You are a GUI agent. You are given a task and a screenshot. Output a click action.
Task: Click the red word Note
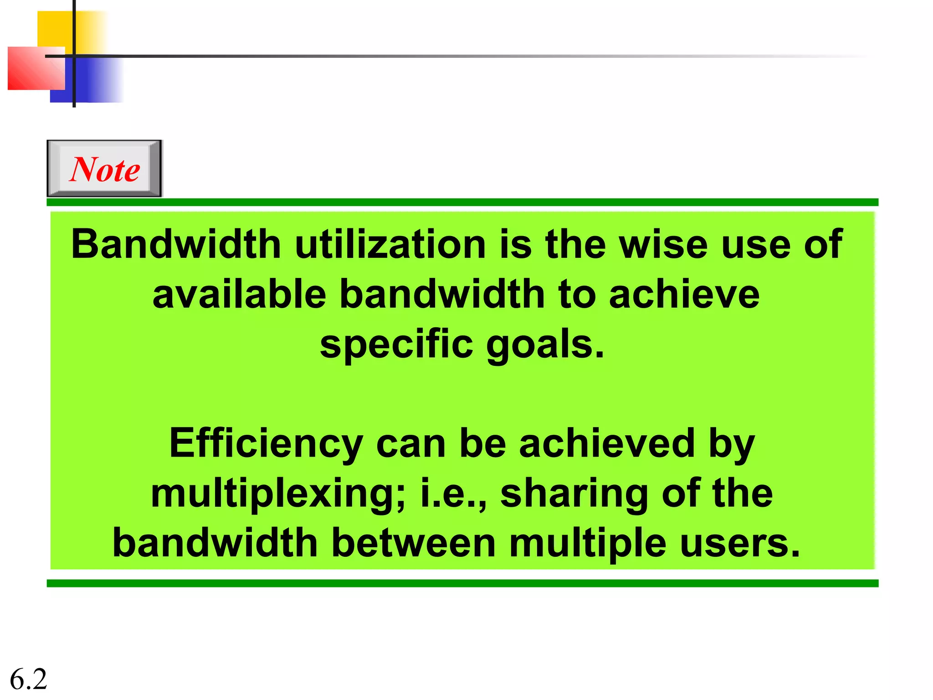[x=105, y=170]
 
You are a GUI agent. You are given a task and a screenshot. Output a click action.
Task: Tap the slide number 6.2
[x=28, y=679]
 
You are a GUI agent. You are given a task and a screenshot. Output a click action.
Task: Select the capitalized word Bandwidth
[x=176, y=244]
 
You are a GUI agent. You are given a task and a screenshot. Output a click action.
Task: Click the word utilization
[x=390, y=244]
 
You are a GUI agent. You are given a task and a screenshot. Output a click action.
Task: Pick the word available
[x=239, y=294]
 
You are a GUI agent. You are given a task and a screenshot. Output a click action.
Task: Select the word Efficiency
[x=266, y=444]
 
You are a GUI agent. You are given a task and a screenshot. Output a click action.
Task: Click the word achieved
[x=607, y=444]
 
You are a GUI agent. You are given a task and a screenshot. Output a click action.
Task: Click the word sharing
[x=574, y=494]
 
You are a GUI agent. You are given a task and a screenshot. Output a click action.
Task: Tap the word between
[x=413, y=543]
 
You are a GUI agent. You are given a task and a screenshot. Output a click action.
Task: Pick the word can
[x=410, y=444]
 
